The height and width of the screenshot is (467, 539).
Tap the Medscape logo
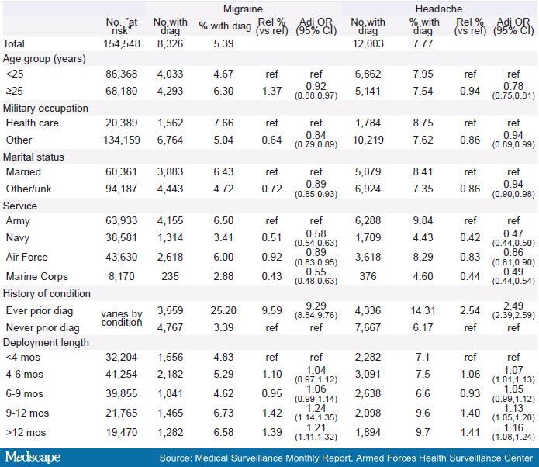click(x=33, y=457)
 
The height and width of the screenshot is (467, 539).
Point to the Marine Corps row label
click(x=36, y=275)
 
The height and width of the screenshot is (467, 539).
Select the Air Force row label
click(x=26, y=258)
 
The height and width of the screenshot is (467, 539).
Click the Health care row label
click(x=31, y=123)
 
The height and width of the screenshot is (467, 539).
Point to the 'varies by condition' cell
click(x=122, y=319)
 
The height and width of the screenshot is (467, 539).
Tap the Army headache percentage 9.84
click(x=424, y=221)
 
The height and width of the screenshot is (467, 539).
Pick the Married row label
click(x=24, y=171)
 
